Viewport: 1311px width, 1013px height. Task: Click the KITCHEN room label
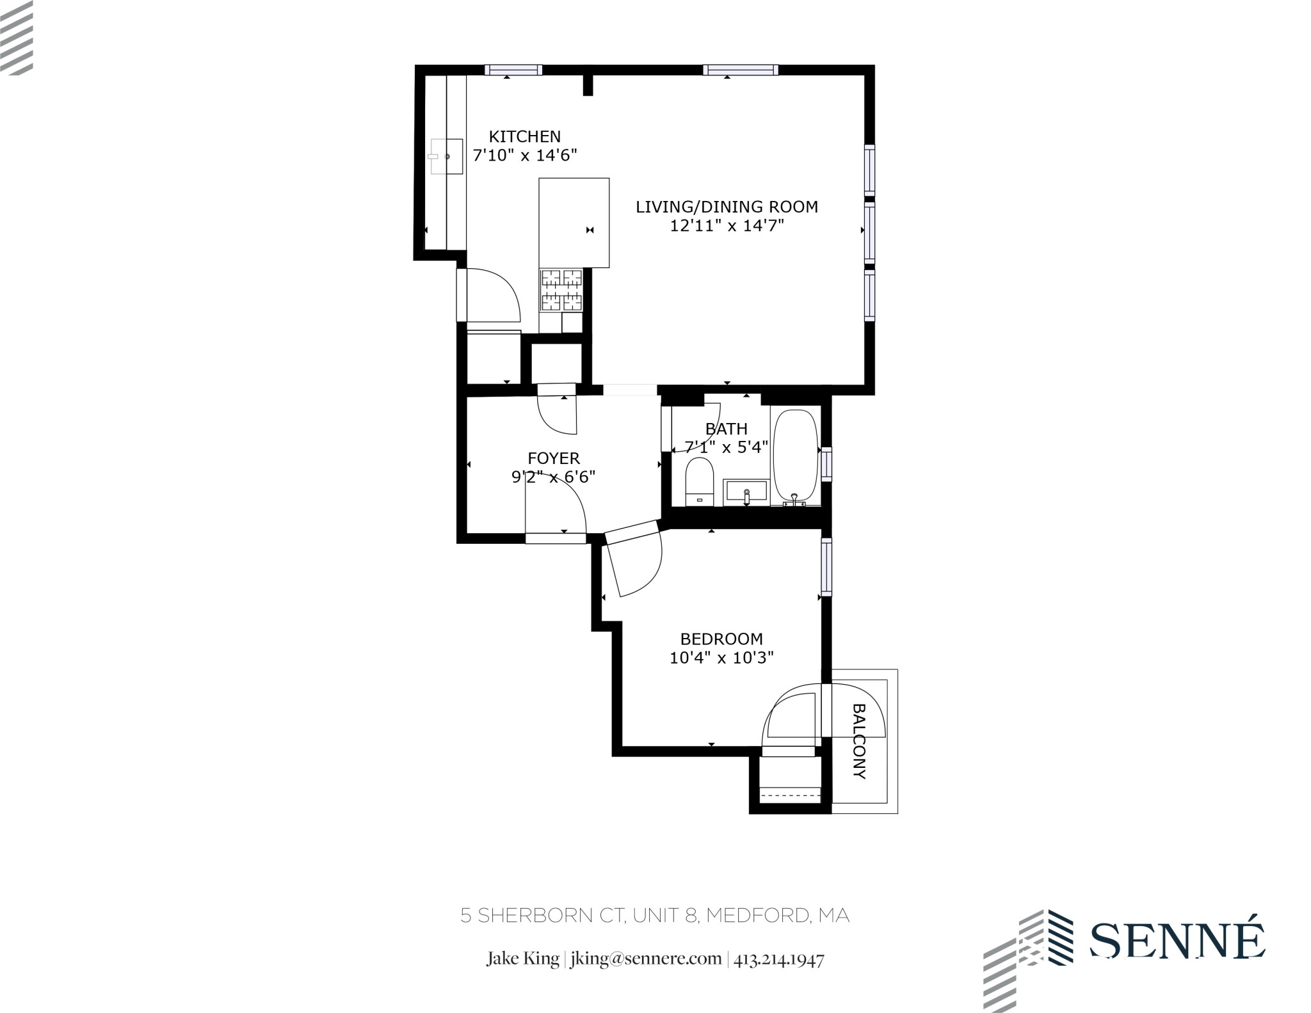[524, 136]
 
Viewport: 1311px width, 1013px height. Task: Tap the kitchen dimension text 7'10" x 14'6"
[524, 155]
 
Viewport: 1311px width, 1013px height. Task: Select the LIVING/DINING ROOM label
[727, 207]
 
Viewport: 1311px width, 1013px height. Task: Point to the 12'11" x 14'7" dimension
[727, 226]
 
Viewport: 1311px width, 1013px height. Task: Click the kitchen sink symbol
[446, 156]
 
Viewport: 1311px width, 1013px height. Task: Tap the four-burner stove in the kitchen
[561, 291]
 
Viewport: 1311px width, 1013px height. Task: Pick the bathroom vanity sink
[746, 492]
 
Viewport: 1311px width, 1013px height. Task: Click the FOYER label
[554, 458]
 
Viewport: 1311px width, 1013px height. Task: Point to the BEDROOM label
[721, 639]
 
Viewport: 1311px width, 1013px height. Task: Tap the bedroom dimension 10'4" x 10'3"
[721, 658]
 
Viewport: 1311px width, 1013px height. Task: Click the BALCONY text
[860, 741]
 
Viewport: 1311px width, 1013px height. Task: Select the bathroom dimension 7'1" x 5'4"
[727, 447]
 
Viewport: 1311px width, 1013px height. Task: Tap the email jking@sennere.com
[646, 959]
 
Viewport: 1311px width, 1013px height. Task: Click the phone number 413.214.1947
[779, 959]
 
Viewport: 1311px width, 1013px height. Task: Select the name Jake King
[522, 959]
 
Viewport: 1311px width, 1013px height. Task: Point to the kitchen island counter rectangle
[574, 222]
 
